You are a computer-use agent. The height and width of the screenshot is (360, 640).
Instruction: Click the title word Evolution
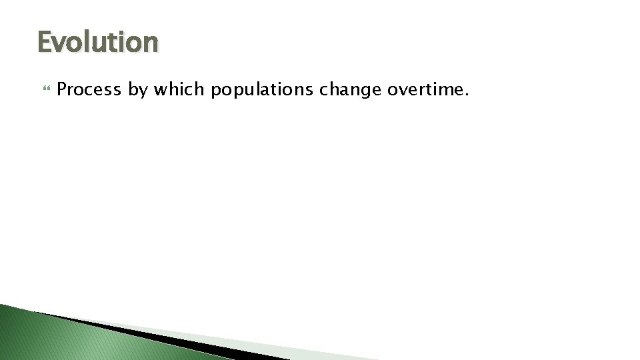pyautogui.click(x=98, y=42)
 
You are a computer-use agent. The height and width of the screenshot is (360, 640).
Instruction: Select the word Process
pyautogui.click(x=89, y=89)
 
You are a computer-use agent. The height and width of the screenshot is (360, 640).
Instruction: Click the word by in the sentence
pyautogui.click(x=138, y=90)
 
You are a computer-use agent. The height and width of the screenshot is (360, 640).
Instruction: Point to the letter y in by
pyautogui.click(x=143, y=91)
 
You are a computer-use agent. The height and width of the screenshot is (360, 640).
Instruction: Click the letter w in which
pyautogui.click(x=161, y=90)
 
